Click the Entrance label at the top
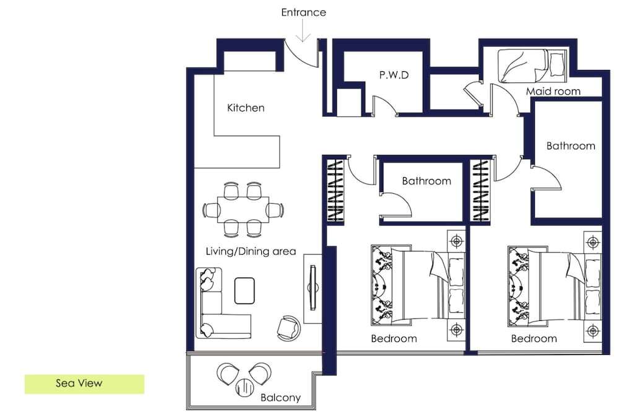tap(303, 12)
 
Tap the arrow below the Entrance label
tap(303, 30)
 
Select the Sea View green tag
tap(84, 384)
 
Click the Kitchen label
tap(246, 108)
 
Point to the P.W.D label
tap(394, 75)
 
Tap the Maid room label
tap(553, 91)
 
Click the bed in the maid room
tap(532, 66)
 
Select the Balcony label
tap(280, 398)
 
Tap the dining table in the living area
tap(243, 210)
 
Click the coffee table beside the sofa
tap(245, 291)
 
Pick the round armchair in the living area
tap(288, 328)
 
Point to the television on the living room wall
tap(313, 288)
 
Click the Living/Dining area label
tap(251, 251)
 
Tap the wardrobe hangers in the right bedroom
tap(481, 190)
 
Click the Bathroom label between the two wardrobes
tap(426, 181)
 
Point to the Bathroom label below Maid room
tap(571, 146)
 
